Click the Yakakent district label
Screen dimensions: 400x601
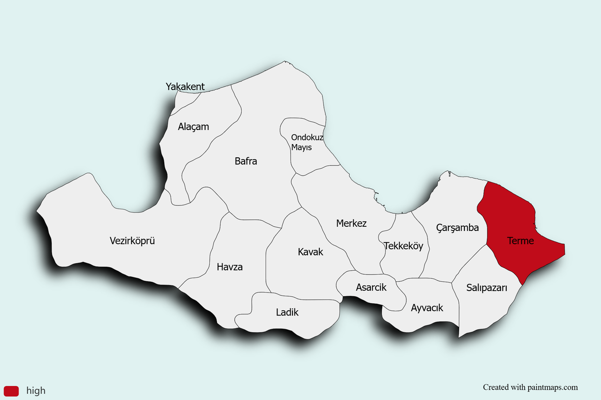185,87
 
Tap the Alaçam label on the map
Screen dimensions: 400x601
193,127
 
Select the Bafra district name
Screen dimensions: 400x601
246,161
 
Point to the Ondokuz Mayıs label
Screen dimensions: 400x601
307,142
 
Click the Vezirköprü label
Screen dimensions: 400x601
132,241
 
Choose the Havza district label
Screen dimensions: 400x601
230,267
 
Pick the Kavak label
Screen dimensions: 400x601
310,252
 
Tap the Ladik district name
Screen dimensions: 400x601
287,312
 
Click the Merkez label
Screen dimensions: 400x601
351,223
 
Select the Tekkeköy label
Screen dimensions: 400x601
403,246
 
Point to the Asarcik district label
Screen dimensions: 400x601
371,287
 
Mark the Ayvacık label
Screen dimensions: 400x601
427,308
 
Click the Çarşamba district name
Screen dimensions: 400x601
457,228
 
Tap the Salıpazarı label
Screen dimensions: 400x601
486,288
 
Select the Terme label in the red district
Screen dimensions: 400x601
520,241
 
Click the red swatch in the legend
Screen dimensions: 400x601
11,391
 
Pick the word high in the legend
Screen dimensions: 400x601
36,391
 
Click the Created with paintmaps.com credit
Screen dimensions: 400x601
530,387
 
